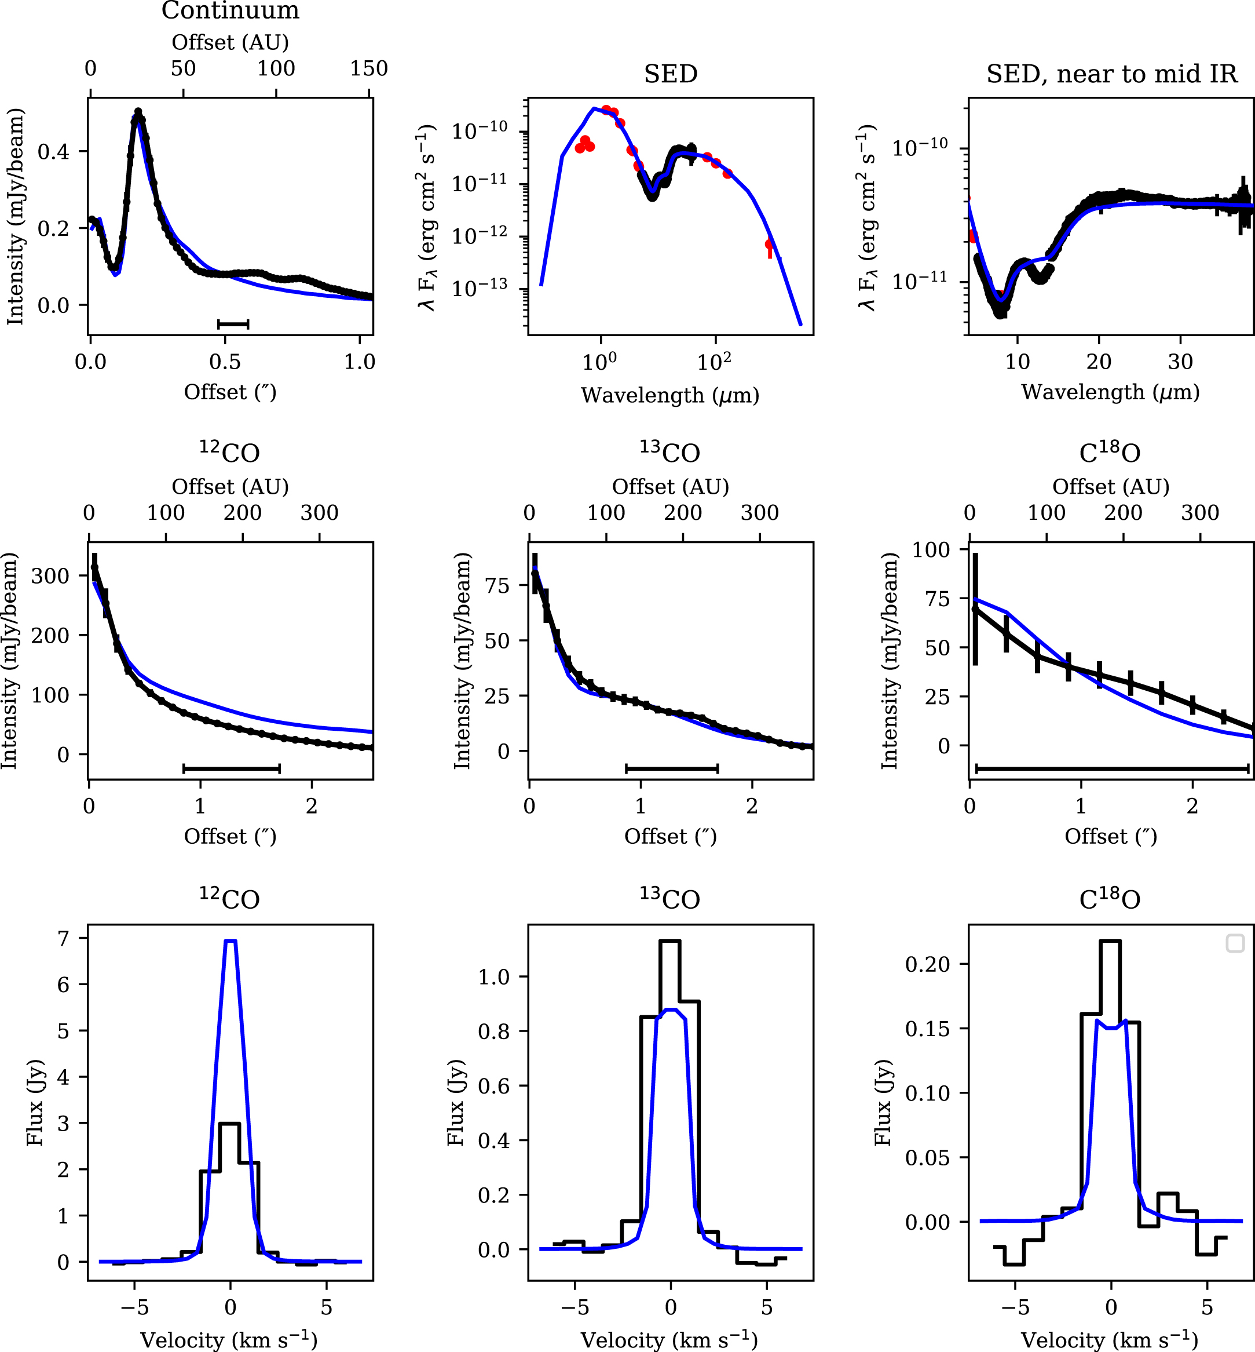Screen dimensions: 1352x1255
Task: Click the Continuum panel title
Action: tap(230, 10)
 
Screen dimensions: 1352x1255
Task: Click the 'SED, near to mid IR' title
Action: tap(1112, 74)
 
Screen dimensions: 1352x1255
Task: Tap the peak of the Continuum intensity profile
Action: tap(138, 112)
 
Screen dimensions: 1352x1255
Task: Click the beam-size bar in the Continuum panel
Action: tap(233, 324)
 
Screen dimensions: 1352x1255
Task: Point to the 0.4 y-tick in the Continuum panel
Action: tap(54, 151)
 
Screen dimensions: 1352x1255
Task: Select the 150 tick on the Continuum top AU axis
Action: tap(369, 68)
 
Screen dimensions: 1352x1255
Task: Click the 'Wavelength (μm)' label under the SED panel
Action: tap(669, 395)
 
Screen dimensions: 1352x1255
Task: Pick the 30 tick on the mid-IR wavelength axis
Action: tap(1180, 362)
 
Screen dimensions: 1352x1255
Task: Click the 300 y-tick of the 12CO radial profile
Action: tap(50, 575)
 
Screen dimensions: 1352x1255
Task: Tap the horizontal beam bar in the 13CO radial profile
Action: tap(672, 768)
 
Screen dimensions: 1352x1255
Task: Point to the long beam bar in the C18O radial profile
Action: tap(1112, 768)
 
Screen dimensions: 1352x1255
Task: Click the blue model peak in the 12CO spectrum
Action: tap(230, 941)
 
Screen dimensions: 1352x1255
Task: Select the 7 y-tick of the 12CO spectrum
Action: tap(63, 938)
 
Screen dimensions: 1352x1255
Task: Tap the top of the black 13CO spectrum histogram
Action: tap(669, 941)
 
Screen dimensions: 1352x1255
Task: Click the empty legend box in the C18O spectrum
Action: tap(1235, 943)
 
